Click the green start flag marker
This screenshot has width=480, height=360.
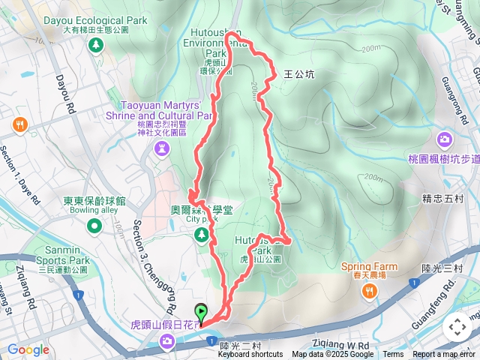click(201, 312)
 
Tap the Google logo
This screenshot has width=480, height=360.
click(28, 349)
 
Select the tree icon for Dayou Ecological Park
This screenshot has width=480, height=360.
click(96, 46)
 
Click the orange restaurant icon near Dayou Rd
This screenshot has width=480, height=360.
click(19, 125)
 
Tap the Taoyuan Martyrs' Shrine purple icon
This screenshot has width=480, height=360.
click(162, 149)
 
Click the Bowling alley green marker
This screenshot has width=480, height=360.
click(94, 226)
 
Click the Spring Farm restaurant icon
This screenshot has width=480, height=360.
click(369, 292)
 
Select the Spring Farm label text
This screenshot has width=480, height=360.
click(368, 265)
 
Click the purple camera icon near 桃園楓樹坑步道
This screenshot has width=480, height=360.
click(445, 139)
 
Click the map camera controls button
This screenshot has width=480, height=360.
click(457, 326)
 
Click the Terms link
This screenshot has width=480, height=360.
click(393, 355)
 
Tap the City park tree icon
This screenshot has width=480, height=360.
click(201, 235)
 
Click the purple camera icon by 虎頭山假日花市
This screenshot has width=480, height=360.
click(167, 342)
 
